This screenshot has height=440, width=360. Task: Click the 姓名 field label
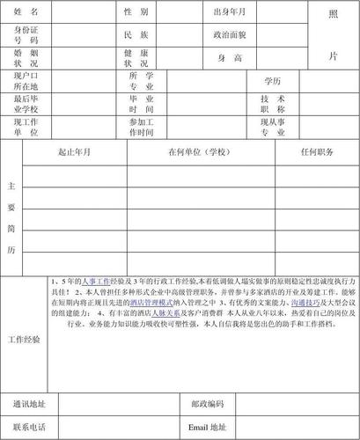26,12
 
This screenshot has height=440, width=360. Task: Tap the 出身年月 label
230,12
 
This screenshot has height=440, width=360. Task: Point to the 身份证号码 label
26,36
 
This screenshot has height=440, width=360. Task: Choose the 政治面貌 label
230,35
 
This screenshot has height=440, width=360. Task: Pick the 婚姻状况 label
26,59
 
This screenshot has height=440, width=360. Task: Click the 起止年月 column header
74,153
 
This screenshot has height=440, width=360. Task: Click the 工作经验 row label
24,339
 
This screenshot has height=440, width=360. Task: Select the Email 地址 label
208,427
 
